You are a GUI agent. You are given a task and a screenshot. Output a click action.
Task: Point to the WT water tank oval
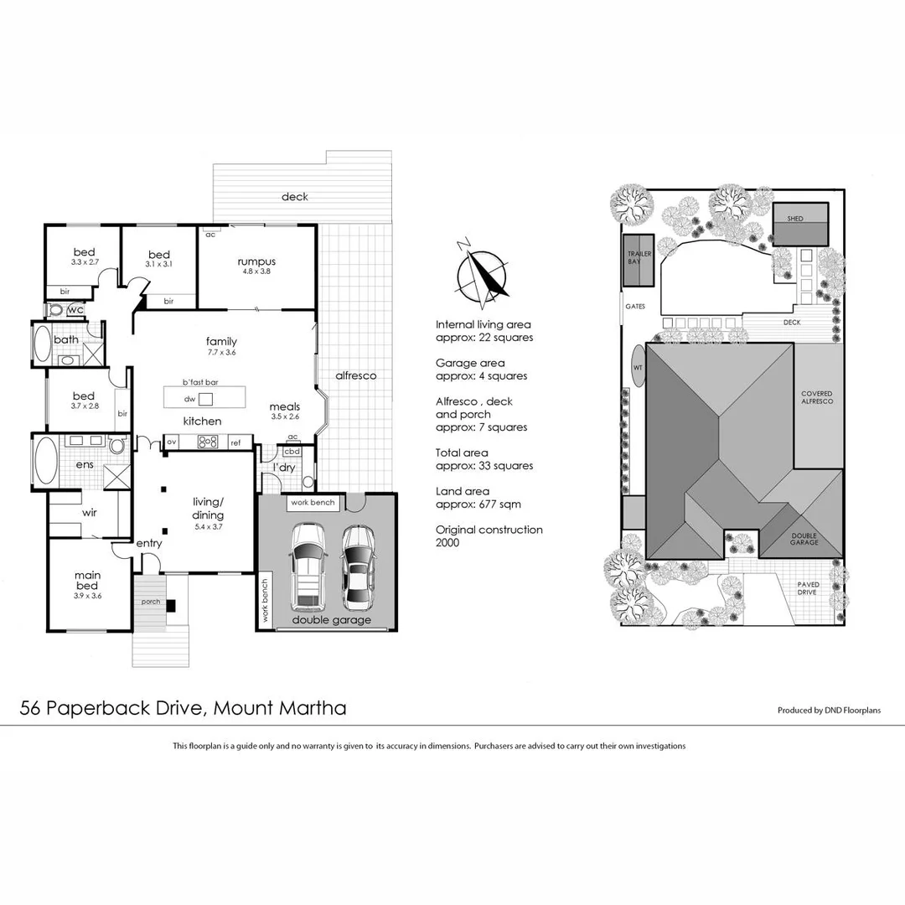[639, 366]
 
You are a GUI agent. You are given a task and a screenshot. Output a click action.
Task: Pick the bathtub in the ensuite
[44, 461]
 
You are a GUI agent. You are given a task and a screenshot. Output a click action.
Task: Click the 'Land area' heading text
[463, 491]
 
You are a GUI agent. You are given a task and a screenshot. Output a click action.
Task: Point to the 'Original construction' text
[489, 530]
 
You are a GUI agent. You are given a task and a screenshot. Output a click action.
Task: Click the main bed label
[88, 580]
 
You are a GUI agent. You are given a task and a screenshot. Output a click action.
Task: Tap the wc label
[75, 310]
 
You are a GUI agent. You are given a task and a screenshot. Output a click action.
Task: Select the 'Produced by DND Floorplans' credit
[829, 711]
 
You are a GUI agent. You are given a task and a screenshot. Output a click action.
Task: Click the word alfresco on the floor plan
[355, 376]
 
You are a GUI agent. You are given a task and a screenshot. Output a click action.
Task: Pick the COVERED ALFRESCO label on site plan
[817, 398]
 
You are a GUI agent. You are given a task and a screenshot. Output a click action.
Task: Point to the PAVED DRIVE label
[809, 589]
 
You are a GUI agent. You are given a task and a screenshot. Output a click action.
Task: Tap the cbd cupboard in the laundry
[292, 451]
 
